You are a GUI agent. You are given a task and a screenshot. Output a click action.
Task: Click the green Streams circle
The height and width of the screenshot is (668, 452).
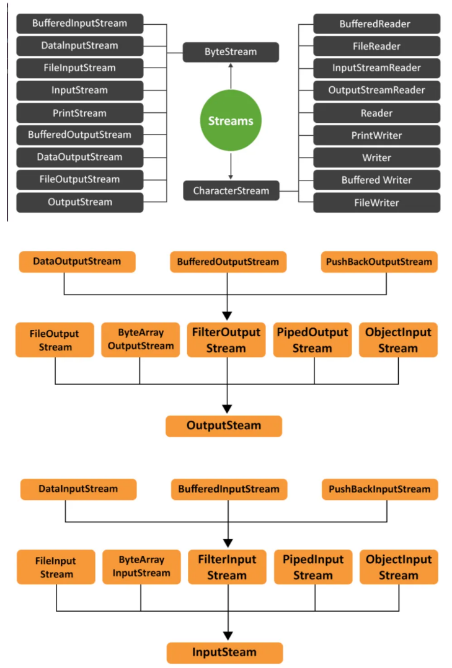coord(231,120)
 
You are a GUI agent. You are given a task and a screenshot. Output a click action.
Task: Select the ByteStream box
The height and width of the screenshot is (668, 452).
coord(231,52)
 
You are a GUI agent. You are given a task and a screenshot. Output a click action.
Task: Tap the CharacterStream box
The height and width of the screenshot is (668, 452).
coord(231,190)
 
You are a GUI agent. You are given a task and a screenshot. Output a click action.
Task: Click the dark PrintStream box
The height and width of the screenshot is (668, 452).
coord(79,113)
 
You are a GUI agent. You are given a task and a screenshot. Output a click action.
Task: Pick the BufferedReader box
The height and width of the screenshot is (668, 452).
coord(376,24)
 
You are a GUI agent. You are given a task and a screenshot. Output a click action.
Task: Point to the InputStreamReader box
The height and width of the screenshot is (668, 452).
coord(376,68)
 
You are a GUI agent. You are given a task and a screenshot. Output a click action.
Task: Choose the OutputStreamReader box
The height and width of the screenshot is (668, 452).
coord(376,91)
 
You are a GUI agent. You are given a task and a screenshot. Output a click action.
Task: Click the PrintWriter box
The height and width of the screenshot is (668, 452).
coord(376,135)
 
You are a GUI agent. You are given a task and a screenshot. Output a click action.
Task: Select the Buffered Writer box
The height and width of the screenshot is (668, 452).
coord(376,180)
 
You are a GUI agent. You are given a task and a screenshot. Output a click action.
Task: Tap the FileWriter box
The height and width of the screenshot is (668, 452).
coord(376,202)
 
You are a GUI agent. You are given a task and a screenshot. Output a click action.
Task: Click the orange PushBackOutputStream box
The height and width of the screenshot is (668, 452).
coord(379,262)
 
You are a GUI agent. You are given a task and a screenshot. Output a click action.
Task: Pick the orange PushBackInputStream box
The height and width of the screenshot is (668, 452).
coord(379,489)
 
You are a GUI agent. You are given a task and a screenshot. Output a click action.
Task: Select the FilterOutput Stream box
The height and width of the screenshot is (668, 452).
coord(226,340)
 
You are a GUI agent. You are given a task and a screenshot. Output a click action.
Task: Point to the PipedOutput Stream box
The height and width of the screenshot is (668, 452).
coord(312,340)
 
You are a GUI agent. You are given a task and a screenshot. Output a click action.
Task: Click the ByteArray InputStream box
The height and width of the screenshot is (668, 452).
coord(141,567)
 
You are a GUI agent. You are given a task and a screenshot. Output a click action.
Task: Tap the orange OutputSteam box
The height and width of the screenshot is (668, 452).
coord(224,426)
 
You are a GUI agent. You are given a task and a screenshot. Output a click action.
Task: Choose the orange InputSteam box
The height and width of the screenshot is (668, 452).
coord(224,653)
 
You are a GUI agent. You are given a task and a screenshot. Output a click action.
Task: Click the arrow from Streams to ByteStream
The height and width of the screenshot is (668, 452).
coord(231,76)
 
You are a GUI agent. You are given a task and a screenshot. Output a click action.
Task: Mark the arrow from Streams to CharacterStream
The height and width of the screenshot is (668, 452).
coord(231,166)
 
